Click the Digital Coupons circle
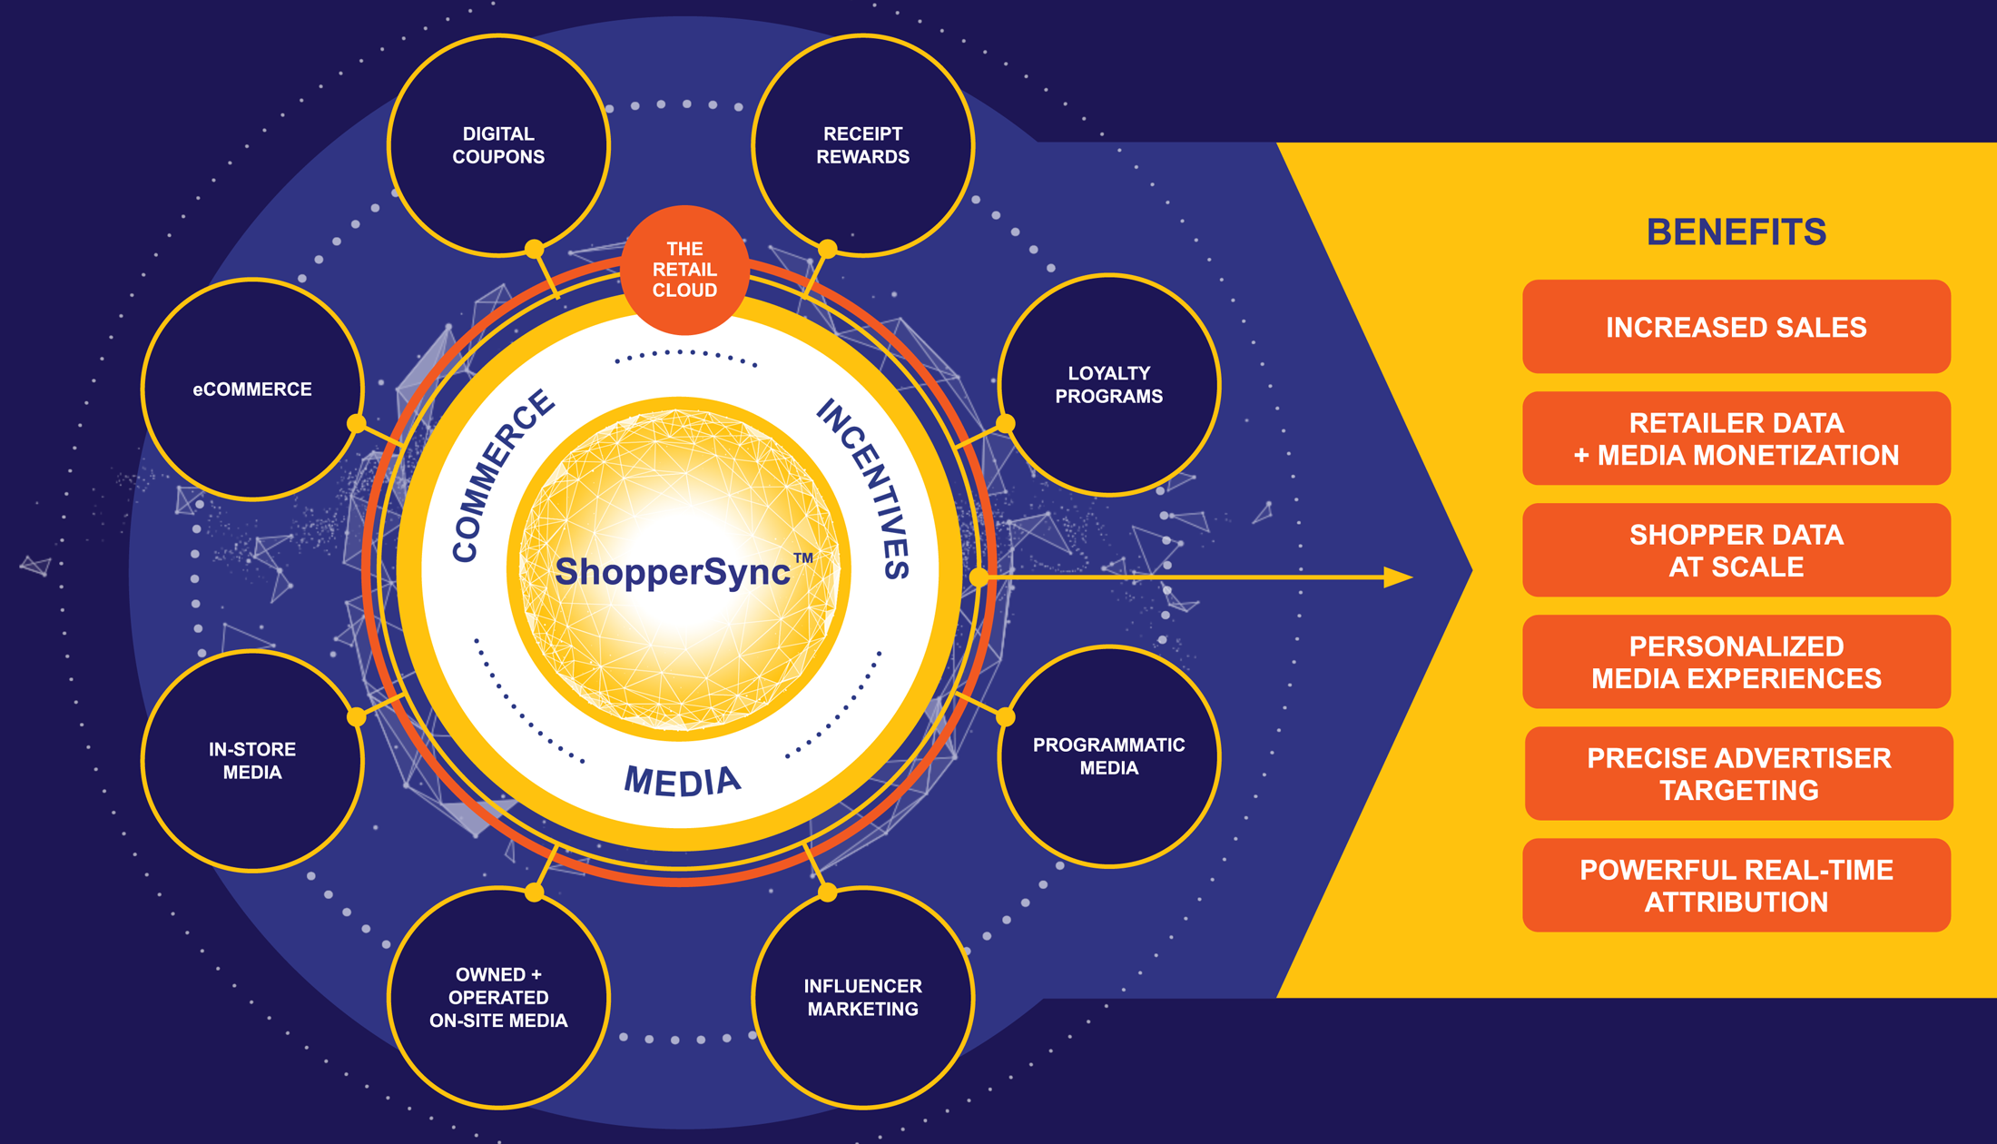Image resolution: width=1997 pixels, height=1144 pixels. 498,145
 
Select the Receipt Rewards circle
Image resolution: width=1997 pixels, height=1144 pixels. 862,145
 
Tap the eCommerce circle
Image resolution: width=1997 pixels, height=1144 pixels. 252,390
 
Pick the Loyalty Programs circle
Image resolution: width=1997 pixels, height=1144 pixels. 1108,385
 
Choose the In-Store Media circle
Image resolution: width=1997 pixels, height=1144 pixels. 252,761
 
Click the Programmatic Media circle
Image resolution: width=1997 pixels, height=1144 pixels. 1108,756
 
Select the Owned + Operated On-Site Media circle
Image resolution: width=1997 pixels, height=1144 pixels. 498,997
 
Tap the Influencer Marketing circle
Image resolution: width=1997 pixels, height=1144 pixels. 862,997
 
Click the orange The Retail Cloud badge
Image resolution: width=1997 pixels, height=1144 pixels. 684,270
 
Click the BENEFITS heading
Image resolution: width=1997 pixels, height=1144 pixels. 1736,232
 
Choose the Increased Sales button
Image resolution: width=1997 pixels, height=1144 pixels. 1736,327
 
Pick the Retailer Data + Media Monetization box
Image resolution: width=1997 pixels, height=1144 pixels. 1736,439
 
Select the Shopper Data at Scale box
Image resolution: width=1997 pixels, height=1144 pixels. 1736,550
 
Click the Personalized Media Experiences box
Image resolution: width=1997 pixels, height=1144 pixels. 1736,662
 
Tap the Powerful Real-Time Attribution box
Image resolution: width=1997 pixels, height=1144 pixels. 1736,885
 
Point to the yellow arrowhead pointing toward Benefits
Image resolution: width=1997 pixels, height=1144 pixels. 1398,577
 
